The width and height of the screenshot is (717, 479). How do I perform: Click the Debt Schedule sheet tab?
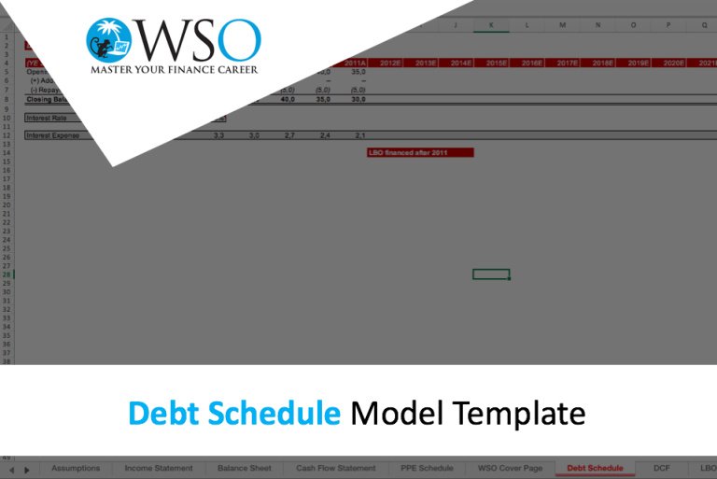pos(595,468)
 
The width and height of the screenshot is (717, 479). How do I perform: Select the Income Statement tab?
pos(159,468)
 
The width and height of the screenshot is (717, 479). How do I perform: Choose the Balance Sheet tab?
pos(244,468)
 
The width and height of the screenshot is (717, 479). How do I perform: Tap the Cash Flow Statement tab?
pos(336,468)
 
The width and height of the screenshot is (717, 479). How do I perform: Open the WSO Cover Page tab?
pos(510,468)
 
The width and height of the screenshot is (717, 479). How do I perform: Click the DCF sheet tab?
pos(662,468)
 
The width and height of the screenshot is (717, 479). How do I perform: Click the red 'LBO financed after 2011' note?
pos(421,152)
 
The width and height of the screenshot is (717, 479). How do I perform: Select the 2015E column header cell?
pos(497,63)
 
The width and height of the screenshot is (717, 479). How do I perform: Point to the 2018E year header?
pos(603,63)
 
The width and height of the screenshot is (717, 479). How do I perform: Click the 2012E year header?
pos(390,63)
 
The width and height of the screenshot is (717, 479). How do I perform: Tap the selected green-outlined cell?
pos(491,274)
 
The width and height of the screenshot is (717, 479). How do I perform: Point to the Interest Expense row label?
pos(53,135)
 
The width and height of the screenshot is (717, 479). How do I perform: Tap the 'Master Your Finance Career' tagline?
pos(174,69)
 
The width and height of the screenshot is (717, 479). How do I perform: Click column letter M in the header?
pos(562,25)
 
